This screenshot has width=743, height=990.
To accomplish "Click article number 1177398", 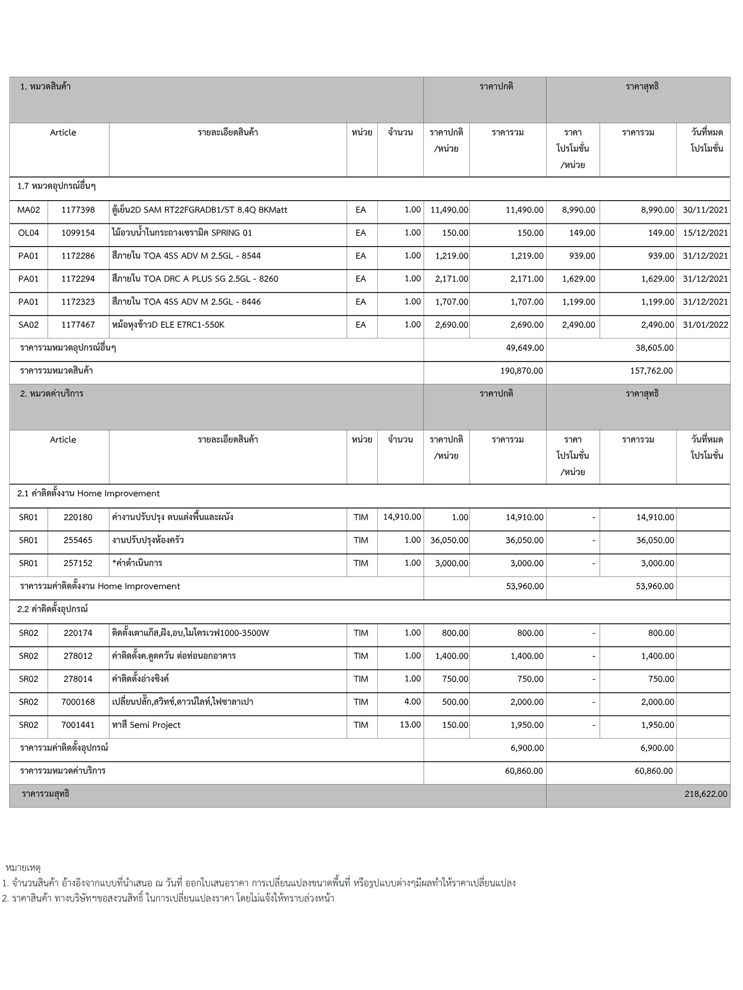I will pos(78,210).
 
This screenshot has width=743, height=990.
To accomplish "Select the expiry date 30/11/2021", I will pos(705,210).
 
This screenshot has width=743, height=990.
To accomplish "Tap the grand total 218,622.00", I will pos(705,794).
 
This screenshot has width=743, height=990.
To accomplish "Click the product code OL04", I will pos(28,233).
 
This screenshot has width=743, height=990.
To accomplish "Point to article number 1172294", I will pos(78,279).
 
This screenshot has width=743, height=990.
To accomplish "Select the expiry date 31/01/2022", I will pos(705,325).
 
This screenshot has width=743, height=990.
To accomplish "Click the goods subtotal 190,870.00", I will pos(521,371).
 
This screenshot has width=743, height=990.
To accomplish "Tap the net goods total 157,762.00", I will pos(651,371).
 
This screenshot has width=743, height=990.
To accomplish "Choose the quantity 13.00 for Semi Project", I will pos(410,725).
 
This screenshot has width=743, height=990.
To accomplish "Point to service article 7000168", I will pos(78,702).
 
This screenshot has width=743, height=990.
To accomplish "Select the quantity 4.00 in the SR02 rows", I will pos(412,701).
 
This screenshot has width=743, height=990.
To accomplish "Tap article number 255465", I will pos(78,540).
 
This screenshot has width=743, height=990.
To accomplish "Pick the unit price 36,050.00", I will pos(449,540).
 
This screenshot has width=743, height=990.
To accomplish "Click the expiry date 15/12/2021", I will pos(705,233).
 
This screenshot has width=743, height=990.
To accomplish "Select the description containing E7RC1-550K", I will pos(168,325).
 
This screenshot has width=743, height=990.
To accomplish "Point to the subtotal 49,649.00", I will pos(524,348).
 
